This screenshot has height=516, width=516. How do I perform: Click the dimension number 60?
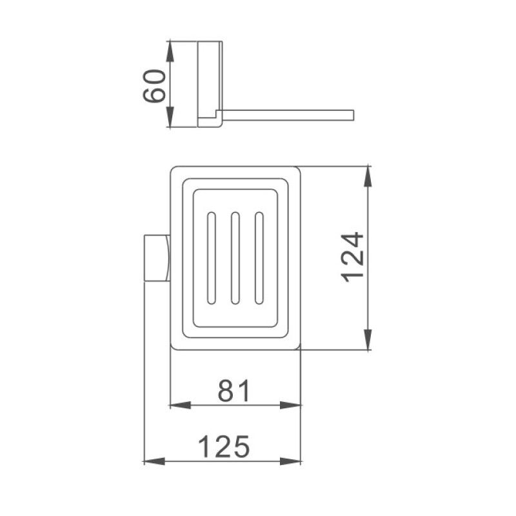[x=155, y=86]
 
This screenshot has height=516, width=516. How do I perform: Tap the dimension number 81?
[x=233, y=391]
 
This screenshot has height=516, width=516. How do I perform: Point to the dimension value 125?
[x=223, y=446]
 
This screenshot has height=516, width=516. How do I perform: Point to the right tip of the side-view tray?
[x=352, y=115]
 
